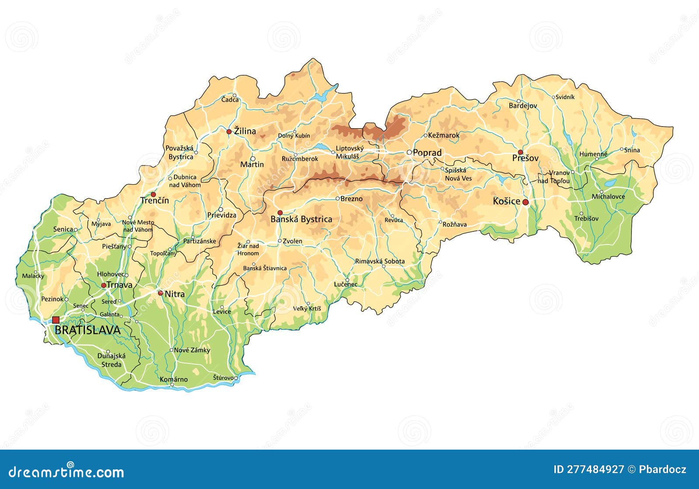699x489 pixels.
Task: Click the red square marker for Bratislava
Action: [55, 320]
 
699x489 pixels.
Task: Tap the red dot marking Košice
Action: [526, 202]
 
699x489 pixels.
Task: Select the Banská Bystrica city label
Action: [301, 219]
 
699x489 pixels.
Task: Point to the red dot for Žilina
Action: [229, 132]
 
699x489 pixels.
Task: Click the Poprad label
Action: [427, 153]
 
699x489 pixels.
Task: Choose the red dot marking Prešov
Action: [520, 152]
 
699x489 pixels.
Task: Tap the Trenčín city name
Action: [154, 201]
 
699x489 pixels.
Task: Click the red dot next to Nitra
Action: [160, 293]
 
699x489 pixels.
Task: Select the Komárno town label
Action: [173, 379]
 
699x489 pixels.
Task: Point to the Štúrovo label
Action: [223, 377]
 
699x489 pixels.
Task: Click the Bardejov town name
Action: [523, 106]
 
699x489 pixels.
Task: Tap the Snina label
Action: [632, 150]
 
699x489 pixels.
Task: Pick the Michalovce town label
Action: [608, 196]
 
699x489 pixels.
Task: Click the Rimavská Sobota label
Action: [380, 261]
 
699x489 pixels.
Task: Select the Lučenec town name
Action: [346, 284]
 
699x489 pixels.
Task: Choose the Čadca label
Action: [230, 100]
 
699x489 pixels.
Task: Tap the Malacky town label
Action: [33, 276]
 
